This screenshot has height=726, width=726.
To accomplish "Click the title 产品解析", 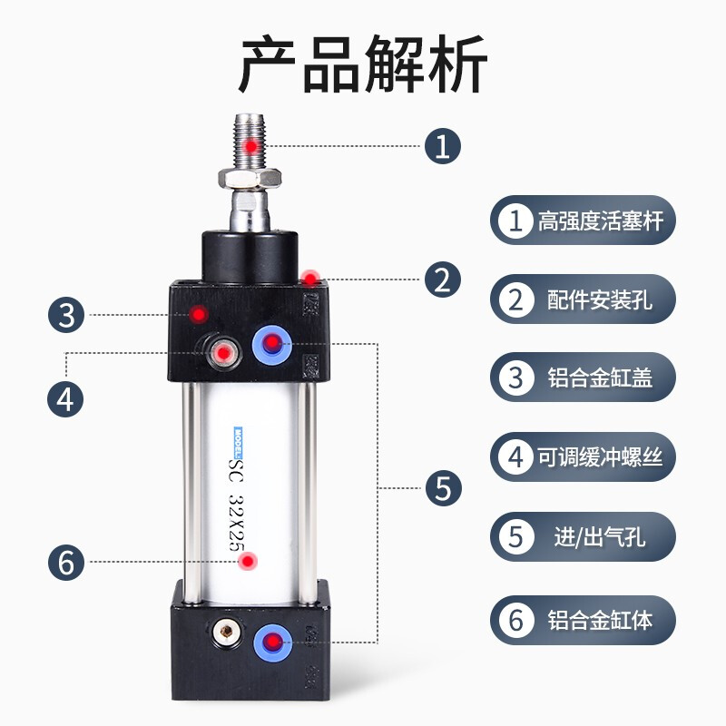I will (363, 65).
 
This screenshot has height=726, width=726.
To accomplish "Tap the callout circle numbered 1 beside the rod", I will (443, 145).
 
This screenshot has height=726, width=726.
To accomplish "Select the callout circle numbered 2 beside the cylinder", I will (443, 279).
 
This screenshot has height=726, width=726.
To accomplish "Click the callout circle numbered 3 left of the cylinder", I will (65, 315).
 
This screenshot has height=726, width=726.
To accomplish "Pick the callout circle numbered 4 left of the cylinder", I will (65, 397).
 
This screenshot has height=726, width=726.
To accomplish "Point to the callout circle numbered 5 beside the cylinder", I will (443, 488).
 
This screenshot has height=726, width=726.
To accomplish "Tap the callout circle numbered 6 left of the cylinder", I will (65, 562).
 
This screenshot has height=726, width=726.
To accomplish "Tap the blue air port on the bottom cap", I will (272, 640).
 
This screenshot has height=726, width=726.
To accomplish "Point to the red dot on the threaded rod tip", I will (251, 145).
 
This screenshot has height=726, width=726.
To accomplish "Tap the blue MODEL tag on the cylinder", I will (236, 439).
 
